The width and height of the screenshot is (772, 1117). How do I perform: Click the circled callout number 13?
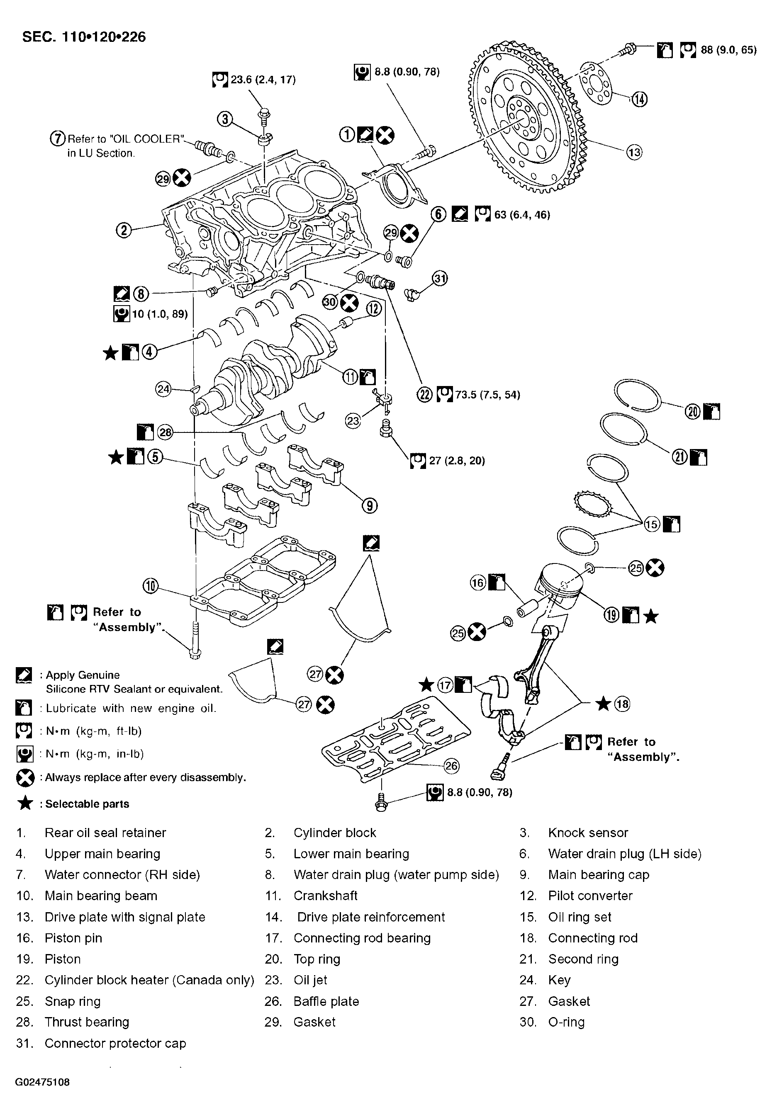(634, 153)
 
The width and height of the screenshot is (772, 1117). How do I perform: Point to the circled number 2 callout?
(124, 230)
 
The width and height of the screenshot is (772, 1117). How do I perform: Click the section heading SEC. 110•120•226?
(84, 37)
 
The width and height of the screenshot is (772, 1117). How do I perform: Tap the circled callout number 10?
(151, 587)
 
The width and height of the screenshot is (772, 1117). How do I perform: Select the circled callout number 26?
(451, 766)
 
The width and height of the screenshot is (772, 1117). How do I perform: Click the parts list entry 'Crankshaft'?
(325, 896)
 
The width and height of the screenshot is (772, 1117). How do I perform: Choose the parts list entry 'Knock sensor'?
(588, 832)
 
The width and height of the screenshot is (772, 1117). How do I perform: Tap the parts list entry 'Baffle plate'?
(326, 1001)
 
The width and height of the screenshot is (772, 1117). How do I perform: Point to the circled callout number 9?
(370, 506)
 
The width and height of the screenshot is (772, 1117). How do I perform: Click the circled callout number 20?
(693, 412)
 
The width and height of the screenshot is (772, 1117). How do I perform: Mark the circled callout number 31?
(440, 278)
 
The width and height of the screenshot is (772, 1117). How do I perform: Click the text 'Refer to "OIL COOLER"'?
(126, 139)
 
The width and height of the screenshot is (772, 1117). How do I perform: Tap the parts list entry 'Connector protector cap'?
(115, 1043)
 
